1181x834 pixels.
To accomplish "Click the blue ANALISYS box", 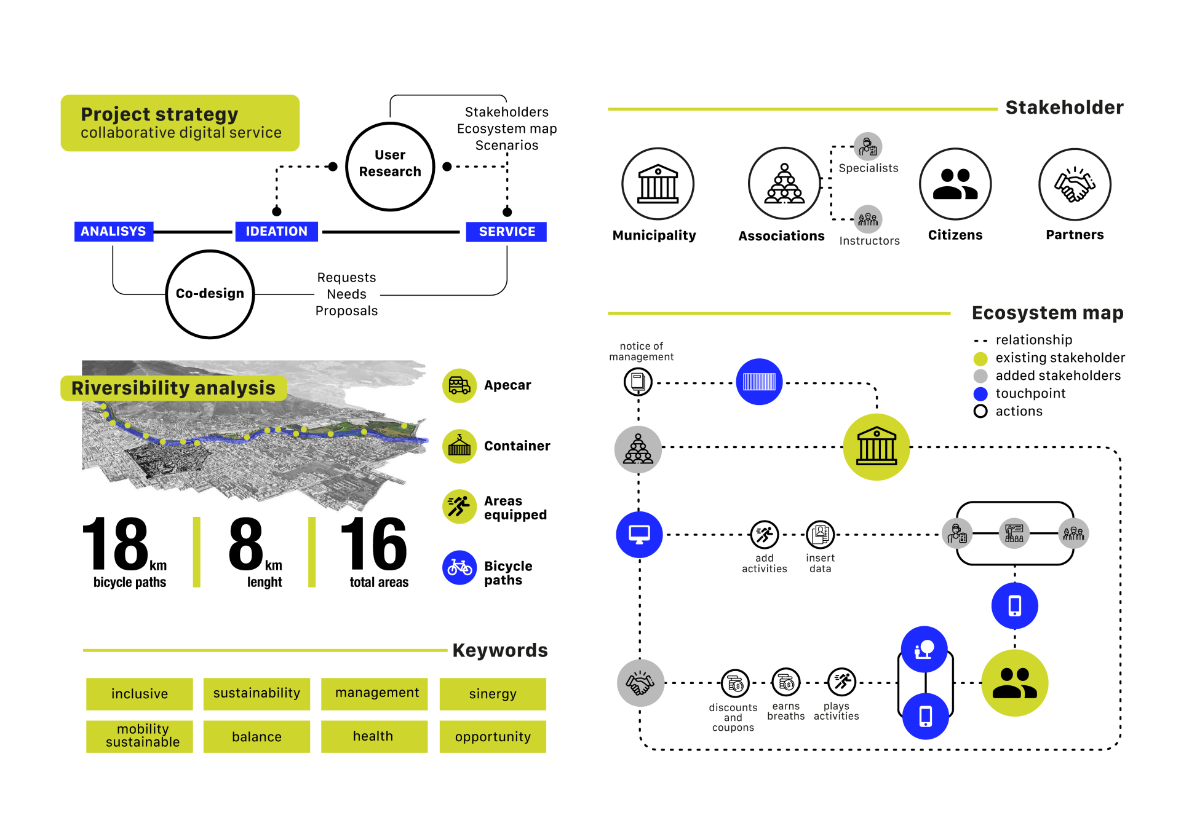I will pos(114,232).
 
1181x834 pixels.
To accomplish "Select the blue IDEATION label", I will pos(276,232).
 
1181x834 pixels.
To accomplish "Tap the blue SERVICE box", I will pos(506,232).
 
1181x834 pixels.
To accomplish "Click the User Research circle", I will pos(390,167).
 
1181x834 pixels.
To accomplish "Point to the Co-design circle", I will pos(210,294).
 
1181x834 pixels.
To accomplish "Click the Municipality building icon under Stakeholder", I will pos(658,184).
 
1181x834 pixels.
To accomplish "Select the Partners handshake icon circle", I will pos(1075,184).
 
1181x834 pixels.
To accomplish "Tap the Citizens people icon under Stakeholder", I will pos(955,184).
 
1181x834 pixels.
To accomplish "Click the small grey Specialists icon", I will pos(868,146).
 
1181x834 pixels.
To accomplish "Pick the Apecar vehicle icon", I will pos(459,385).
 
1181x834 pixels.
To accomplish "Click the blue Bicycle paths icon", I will pos(459,567).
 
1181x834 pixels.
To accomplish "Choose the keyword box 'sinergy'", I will pos(493,694).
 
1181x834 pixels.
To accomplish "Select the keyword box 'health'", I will pos(374,736).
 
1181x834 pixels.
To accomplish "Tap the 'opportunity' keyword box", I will pos(493,736).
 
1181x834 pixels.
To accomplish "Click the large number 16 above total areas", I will pos(373,544).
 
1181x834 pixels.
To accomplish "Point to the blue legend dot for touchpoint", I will pos(980,394).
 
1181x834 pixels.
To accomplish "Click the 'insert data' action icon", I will pos(821,535).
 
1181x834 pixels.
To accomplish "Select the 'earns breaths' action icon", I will pos(786,682).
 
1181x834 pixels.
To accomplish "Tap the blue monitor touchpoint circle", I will pos(639,535).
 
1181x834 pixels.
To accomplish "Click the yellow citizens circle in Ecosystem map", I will pos(1014,683).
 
